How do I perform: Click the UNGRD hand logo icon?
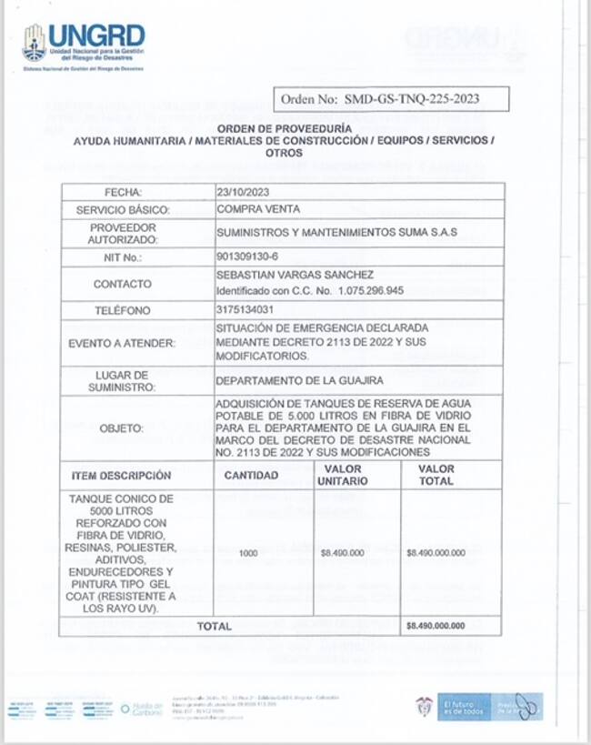(x=34, y=41)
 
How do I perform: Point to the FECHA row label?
(x=123, y=192)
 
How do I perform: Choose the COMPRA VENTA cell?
(x=250, y=209)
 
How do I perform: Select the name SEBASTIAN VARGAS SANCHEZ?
(x=283, y=275)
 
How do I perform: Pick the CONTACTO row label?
(x=123, y=284)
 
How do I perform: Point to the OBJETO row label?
(x=123, y=428)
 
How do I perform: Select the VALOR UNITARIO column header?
(x=342, y=475)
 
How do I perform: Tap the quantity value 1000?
(x=248, y=553)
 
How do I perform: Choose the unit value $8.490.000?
(x=343, y=553)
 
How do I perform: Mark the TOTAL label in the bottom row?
(x=215, y=627)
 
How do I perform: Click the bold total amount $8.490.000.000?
(x=436, y=627)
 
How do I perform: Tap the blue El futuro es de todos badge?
(x=466, y=706)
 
